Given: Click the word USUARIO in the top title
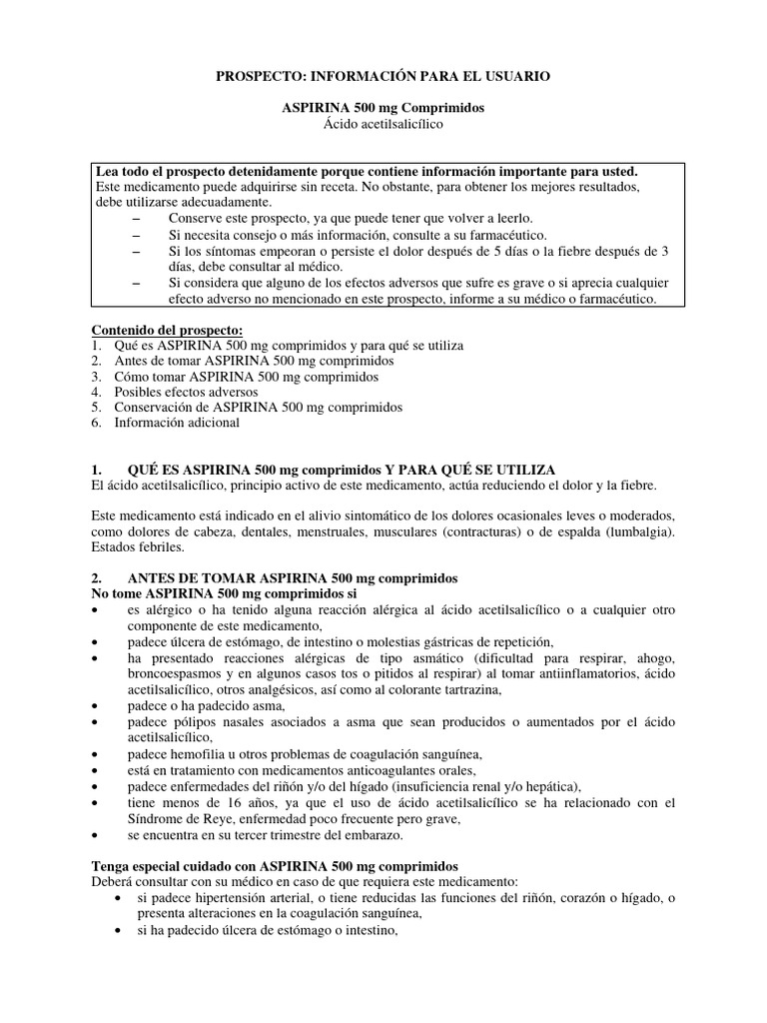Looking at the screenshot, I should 510,75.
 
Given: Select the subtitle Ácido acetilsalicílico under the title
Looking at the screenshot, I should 383,124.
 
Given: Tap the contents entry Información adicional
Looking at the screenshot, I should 176,423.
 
